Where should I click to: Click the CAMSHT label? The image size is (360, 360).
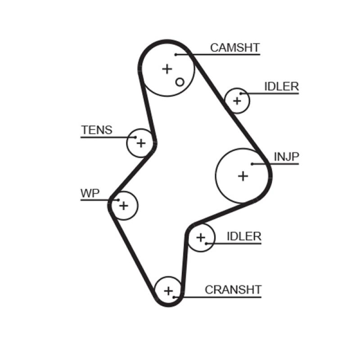click(234, 48)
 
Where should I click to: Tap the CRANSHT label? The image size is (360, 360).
click(233, 290)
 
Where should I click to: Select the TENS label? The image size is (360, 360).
click(96, 130)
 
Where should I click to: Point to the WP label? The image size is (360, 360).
click(90, 193)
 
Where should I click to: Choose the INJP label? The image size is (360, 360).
click(286, 157)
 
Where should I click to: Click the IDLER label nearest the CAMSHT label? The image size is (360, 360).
click(281, 86)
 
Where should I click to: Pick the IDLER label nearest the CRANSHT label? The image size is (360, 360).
click(244, 236)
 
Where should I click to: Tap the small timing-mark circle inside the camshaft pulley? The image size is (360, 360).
click(180, 82)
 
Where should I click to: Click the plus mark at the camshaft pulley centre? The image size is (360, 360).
click(167, 69)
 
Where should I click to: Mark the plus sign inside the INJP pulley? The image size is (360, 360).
click(243, 175)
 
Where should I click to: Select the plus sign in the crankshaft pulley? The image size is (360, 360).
click(168, 291)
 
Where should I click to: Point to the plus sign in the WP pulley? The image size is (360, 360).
click(123, 206)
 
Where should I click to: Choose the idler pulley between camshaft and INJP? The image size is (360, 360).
click(237, 100)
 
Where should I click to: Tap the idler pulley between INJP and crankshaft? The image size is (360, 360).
click(201, 237)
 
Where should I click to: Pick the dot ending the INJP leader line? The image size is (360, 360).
click(253, 164)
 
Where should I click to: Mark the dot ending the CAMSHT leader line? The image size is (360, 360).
click(176, 55)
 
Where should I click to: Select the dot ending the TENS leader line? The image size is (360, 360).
click(135, 137)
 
